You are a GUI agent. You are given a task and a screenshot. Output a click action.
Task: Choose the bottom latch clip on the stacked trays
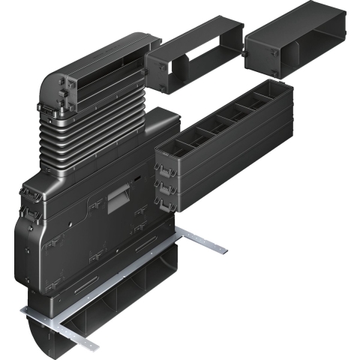[159, 201]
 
